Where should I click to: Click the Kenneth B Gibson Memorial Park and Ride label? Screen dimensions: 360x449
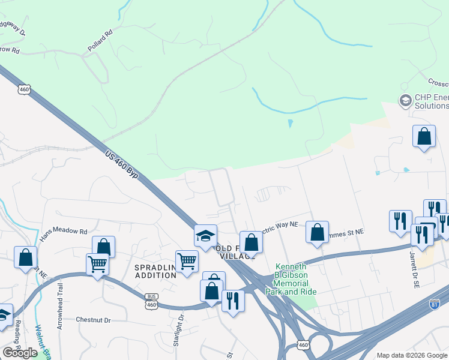[292, 279]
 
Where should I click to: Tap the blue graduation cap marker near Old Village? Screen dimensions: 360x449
[205, 235]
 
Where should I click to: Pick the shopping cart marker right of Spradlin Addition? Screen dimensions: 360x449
[187, 261]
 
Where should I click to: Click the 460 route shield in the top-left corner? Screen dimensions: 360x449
[24, 89]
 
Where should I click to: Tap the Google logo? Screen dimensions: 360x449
[20, 352]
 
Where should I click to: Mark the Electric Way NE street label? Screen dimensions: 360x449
[278, 227]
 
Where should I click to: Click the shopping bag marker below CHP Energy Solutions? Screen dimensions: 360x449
[424, 136]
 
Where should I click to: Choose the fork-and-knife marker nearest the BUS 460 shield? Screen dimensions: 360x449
[233, 300]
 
